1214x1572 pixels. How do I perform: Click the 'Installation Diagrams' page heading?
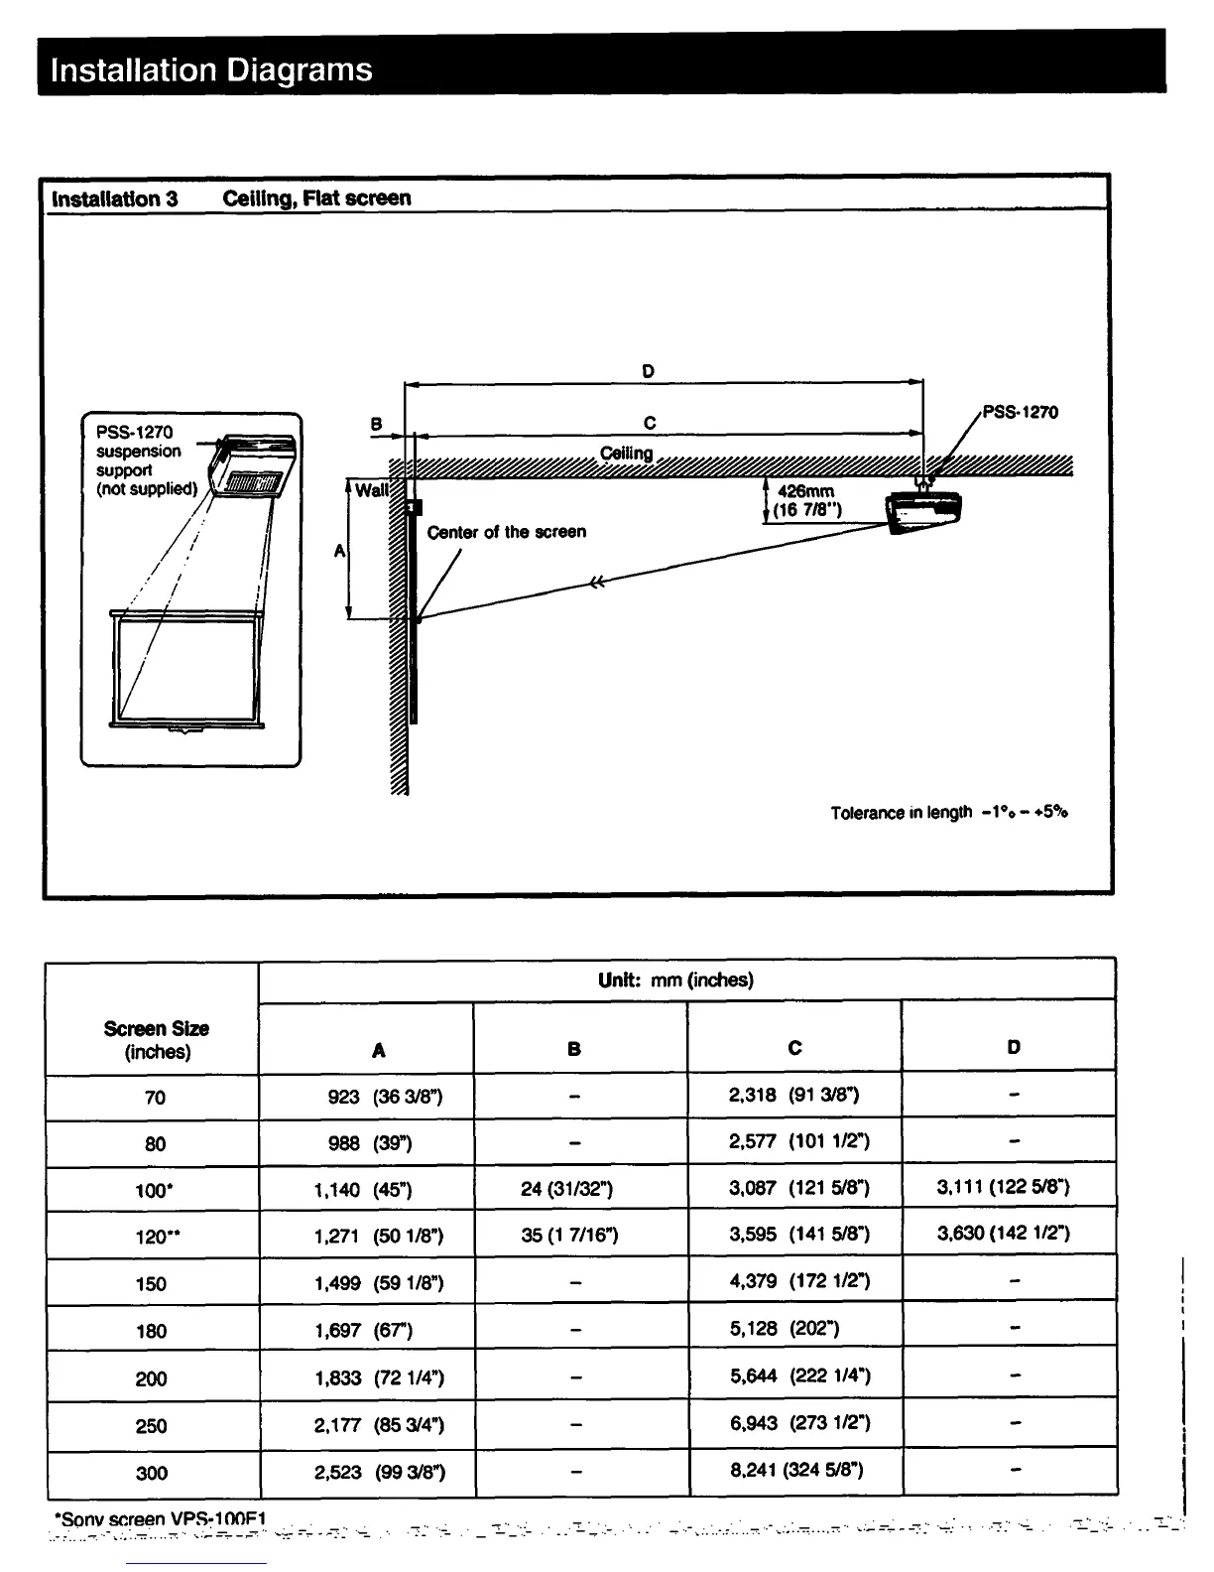211,69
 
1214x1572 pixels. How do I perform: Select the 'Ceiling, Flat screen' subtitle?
316,197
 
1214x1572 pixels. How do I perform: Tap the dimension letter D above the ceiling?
648,371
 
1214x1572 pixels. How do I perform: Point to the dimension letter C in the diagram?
650,423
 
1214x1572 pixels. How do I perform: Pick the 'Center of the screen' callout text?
506,532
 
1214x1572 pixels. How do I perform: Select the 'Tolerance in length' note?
948,813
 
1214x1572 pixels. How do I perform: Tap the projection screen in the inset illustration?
186,671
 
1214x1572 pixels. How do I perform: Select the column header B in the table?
574,1048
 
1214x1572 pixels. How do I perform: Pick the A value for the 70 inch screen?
385,1097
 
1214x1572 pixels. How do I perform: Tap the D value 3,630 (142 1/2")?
1003,1234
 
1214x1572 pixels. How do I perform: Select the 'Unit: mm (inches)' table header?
675,981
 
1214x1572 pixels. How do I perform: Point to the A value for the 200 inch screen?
379,1377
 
